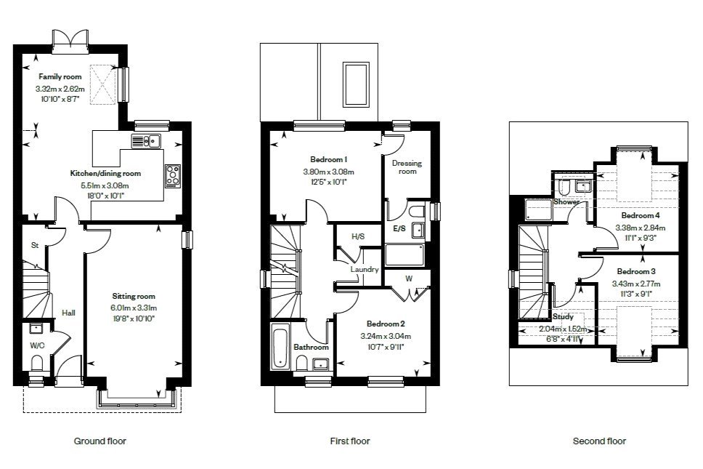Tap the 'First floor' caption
tap(349, 441)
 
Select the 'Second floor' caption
tap(599, 441)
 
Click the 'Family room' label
tap(60, 76)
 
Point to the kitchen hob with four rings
tap(174, 175)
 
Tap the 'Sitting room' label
tap(134, 296)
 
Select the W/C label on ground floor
tap(37, 346)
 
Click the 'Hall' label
tap(69, 313)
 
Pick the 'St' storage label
tap(34, 246)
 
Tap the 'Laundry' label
tap(364, 269)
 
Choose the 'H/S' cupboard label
tap(357, 236)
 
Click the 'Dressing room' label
tap(407, 167)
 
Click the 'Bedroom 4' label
tap(640, 215)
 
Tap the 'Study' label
tap(563, 317)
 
